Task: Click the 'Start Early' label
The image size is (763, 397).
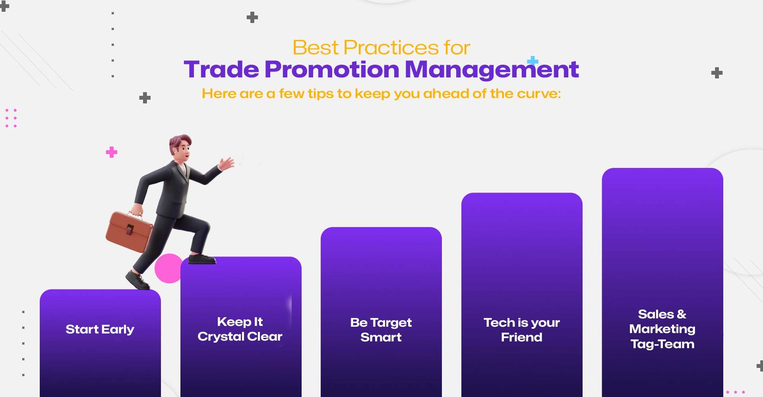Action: (x=100, y=329)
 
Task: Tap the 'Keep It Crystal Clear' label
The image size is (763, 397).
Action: (x=240, y=329)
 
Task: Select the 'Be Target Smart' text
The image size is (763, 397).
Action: (x=381, y=330)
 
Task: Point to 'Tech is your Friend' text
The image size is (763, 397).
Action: (x=521, y=330)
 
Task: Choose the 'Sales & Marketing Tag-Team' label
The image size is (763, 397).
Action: (x=662, y=329)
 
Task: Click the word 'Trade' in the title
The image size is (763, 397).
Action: (x=221, y=69)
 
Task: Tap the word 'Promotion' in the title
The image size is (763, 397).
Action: (x=332, y=69)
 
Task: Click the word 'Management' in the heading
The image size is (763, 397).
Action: (x=491, y=70)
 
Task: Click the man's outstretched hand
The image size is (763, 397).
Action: (x=227, y=163)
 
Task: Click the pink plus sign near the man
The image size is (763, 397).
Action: (x=112, y=152)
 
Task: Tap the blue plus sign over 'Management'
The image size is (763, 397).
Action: (x=533, y=61)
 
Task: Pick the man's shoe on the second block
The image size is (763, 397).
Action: (x=202, y=259)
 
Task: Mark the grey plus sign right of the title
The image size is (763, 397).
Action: (x=717, y=73)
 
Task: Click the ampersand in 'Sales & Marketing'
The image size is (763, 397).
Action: (x=682, y=314)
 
